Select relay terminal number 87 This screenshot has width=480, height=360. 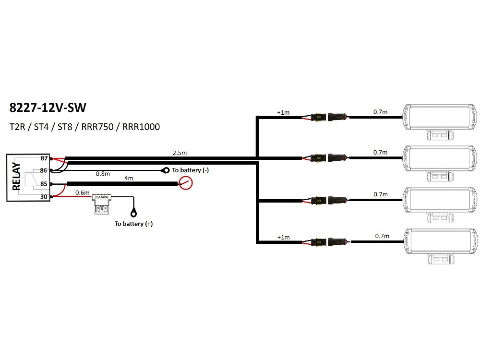pos(44,158)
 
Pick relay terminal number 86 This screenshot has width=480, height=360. pos(44,170)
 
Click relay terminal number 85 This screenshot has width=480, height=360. pos(44,184)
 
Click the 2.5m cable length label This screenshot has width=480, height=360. pos(180,153)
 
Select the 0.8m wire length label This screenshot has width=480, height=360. pos(103,173)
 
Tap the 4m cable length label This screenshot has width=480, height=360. pos(129,178)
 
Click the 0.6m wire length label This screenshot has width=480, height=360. pos(83,192)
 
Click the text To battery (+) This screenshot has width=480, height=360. pos(133,224)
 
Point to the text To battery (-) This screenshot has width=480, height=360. pos(190,170)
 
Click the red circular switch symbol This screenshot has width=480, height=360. pos(185,183)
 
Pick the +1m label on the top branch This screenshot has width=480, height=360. pos(283,113)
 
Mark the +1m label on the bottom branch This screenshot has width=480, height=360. pos(283,237)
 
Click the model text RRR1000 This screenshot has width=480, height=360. pos(141,127)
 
